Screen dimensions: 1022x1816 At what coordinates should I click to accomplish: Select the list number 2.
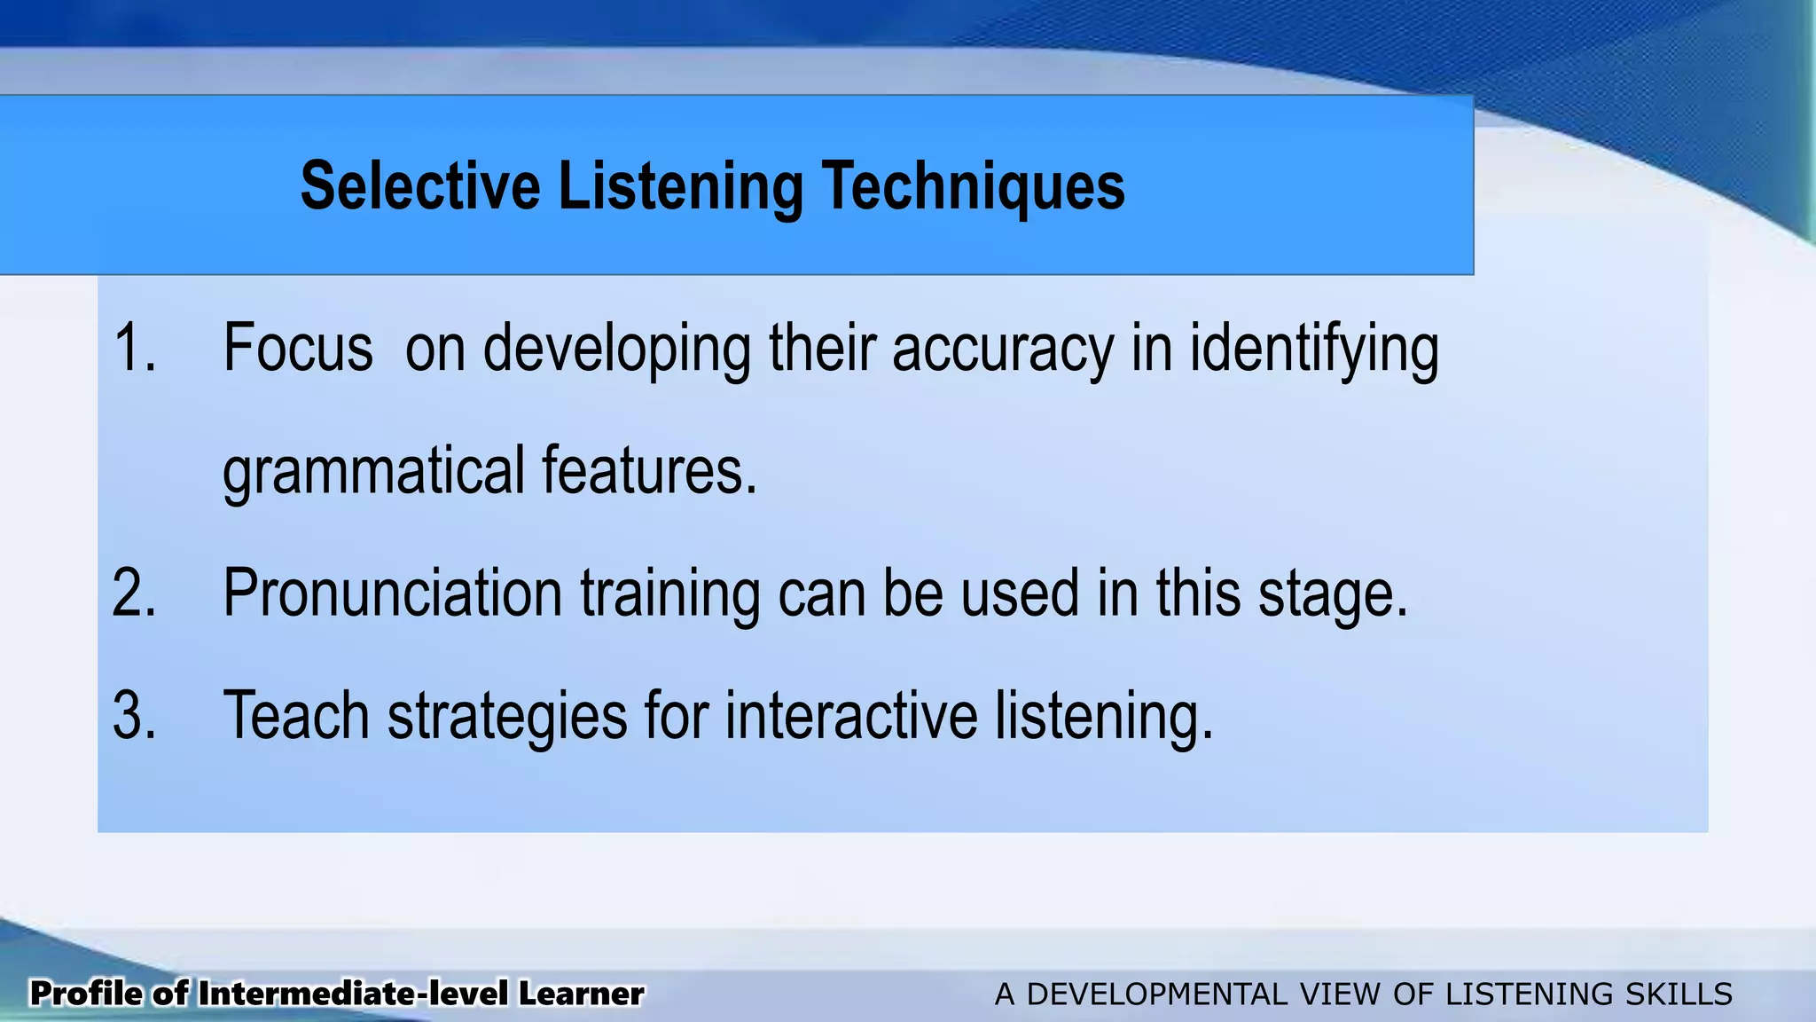(134, 593)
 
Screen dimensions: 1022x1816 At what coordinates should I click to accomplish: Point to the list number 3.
(134, 715)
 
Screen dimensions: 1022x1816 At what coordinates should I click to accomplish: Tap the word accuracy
(1002, 349)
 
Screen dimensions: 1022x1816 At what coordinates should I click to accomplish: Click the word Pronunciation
(392, 593)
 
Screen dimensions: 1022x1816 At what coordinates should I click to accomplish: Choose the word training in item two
(670, 594)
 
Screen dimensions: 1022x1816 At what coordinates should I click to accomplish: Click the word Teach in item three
(296, 715)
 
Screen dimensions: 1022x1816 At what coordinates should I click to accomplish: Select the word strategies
(507, 717)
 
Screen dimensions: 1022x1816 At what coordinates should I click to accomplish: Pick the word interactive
(851, 715)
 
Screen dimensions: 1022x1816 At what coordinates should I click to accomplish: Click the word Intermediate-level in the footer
(354, 994)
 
